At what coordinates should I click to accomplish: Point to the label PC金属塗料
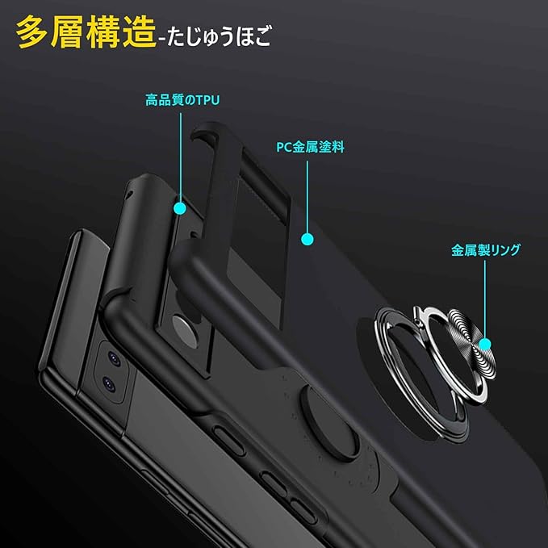point(309,148)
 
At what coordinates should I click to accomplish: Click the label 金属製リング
point(486,250)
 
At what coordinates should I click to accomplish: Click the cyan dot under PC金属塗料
point(307,239)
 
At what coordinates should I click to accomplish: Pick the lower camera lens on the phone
point(107,386)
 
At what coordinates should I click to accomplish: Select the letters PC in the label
point(283,148)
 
